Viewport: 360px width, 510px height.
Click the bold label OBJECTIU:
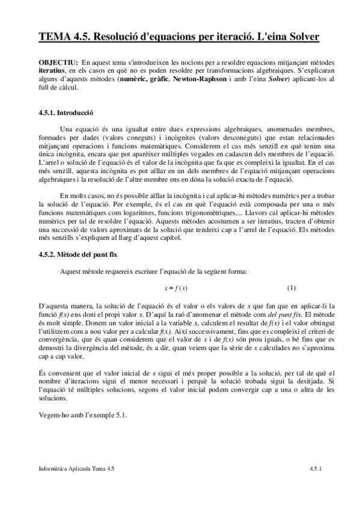57,63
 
